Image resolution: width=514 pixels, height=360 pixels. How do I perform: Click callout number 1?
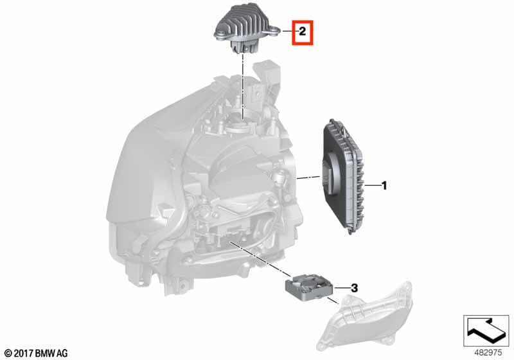384,186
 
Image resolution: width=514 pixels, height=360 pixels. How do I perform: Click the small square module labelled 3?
307,287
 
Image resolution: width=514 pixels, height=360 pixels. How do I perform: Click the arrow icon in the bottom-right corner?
486,331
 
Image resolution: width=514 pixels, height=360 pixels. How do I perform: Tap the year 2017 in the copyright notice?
21,353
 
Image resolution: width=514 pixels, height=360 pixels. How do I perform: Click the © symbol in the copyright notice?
6,353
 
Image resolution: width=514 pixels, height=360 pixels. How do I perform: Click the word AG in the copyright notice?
62,353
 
